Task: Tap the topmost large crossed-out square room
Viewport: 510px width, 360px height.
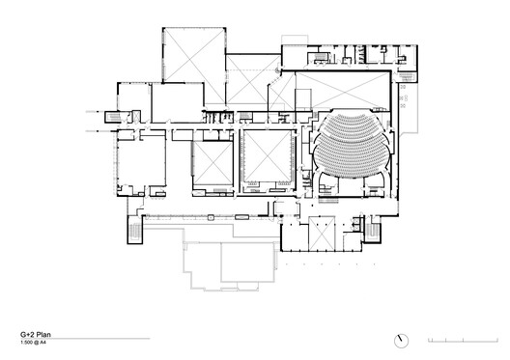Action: pos(190,56)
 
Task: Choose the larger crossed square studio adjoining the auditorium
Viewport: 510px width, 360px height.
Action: pos(266,159)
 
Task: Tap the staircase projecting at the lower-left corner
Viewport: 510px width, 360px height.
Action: pos(133,231)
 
